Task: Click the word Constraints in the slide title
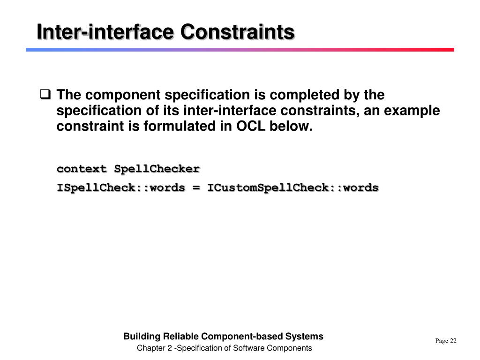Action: pos(238,32)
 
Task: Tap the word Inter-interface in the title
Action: pos(106,32)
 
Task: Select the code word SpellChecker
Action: pos(157,168)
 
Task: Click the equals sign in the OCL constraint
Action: pos(196,187)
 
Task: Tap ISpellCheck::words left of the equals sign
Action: pos(121,187)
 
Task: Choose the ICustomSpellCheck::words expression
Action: pos(293,187)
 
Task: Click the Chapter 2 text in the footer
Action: pos(154,348)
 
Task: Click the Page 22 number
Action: pos(445,341)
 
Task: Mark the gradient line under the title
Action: pos(240,49)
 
